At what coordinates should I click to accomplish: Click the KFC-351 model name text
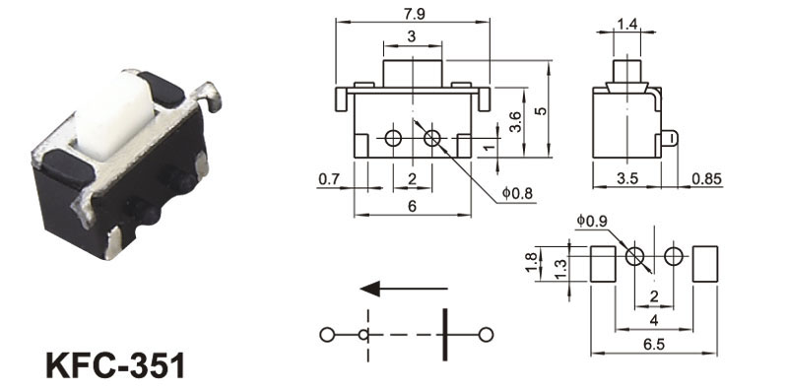click(115, 365)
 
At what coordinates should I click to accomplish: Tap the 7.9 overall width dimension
click(414, 14)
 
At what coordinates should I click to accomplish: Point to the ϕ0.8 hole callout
click(517, 192)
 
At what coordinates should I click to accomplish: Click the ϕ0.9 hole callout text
click(592, 221)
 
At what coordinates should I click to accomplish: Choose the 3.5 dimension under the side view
click(627, 178)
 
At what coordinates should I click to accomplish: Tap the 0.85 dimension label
click(706, 178)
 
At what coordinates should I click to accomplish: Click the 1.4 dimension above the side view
click(627, 24)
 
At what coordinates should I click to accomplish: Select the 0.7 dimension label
click(329, 179)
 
